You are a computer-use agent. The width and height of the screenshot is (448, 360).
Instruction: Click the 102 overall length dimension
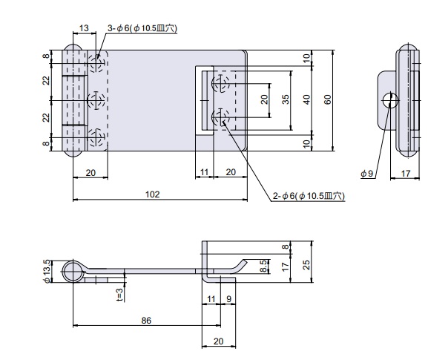click(152, 194)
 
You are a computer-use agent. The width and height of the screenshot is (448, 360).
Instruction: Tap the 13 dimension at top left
click(84, 28)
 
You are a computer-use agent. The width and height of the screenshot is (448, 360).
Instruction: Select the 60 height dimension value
click(328, 99)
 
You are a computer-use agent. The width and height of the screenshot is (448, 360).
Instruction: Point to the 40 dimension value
click(306, 99)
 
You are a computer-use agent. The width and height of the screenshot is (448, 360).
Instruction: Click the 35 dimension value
click(285, 99)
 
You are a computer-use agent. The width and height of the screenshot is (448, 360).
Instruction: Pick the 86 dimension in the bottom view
click(146, 321)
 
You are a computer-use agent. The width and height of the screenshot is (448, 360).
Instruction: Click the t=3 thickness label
click(119, 295)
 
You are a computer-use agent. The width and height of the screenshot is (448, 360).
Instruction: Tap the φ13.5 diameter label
click(47, 272)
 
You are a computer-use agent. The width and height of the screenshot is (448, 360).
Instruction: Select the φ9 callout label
click(367, 173)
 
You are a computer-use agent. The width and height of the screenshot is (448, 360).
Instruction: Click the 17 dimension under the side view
click(406, 173)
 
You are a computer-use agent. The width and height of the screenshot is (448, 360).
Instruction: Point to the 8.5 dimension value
click(264, 266)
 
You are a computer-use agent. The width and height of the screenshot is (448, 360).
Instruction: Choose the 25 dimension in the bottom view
click(306, 265)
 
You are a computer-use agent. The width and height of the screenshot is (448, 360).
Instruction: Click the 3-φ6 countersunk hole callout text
click(142, 28)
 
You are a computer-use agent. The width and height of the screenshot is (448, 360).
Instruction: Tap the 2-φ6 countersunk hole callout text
click(309, 196)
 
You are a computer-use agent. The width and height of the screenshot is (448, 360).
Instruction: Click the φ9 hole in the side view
click(390, 100)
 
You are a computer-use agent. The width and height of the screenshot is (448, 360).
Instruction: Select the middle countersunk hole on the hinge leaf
click(96, 101)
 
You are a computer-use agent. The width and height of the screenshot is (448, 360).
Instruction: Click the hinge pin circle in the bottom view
click(73, 272)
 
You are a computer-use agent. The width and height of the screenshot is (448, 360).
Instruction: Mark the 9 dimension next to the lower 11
click(228, 299)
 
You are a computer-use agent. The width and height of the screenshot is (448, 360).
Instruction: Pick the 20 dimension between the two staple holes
click(264, 99)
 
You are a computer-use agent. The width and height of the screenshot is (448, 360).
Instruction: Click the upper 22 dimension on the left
click(46, 80)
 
